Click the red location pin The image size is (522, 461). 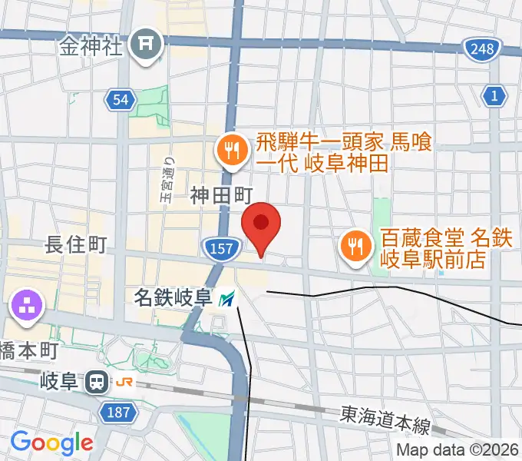click(261, 224)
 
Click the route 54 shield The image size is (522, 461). click(121, 100)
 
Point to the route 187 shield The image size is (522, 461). click(118, 413)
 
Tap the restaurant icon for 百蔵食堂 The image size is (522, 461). click(354, 247)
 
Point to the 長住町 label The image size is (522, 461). click(75, 245)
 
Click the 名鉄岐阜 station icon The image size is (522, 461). click(227, 298)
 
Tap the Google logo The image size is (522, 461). click(51, 443)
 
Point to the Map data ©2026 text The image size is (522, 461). click(458, 449)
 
